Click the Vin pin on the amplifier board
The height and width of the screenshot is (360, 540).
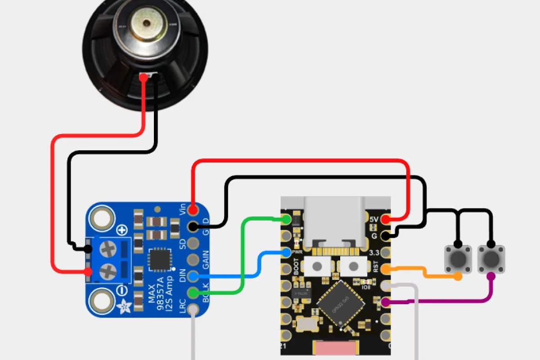tap(193, 210)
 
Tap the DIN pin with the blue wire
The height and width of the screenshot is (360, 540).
tap(193, 276)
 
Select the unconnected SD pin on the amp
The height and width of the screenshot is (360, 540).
tap(193, 243)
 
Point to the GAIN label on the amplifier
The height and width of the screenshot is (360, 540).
tap(206, 260)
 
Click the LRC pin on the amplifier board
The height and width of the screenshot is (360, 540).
tap(193, 310)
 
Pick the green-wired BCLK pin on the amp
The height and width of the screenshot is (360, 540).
tap(193, 293)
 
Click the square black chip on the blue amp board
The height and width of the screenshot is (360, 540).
tap(159, 260)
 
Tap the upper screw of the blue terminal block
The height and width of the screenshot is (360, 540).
tap(108, 248)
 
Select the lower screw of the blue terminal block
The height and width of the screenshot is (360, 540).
tap(108, 271)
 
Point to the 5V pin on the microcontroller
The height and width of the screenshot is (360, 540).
tap(385, 220)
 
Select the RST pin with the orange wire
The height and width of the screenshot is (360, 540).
tap(386, 269)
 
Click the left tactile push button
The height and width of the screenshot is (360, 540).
tap(458, 259)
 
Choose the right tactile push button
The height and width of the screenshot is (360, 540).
tap(491, 259)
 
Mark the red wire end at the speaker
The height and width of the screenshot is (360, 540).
tap(143, 77)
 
